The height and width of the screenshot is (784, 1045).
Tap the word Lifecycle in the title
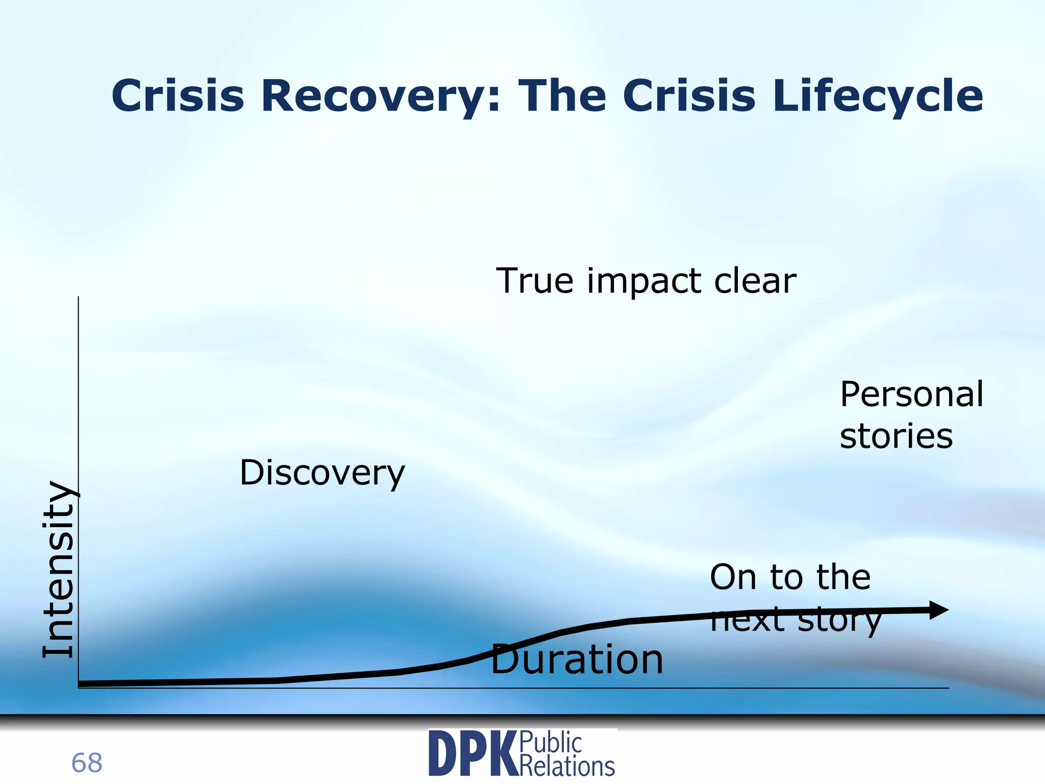pos(878,97)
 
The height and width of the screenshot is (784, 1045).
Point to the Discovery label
pos(322,473)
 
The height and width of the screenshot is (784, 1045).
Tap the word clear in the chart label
pos(755,281)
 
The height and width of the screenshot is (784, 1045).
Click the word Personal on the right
pos(911,395)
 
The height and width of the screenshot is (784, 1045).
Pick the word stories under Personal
pos(896,436)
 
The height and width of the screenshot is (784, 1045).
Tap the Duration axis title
pos(577,659)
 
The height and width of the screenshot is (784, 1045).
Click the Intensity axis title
pos(59,569)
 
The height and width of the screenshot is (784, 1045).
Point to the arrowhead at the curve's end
pos(938,610)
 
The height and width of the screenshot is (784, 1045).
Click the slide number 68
pos(87,763)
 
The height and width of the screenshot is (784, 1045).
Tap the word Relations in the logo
pos(567,766)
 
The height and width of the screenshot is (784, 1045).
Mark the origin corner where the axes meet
pos(79,688)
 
